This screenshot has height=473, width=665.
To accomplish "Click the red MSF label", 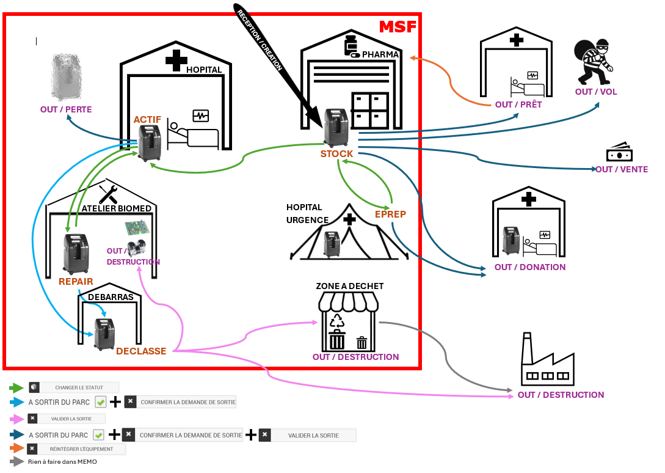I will [x=398, y=27].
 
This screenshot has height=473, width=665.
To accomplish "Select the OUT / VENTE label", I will [x=622, y=169].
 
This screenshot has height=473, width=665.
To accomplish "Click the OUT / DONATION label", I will [x=530, y=267].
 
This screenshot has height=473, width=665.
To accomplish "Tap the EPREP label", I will [x=390, y=214].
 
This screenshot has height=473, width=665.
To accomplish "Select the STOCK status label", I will [x=337, y=154].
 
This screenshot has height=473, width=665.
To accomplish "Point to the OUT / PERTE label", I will [x=66, y=109].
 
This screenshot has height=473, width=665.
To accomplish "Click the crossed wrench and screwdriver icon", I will [x=107, y=194].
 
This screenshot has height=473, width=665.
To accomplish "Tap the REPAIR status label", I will [x=76, y=281].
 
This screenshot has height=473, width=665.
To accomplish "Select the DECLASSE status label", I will [x=141, y=351].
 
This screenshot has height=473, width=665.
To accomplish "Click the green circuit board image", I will [x=137, y=229].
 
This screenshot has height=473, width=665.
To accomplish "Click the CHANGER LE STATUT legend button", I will [x=79, y=387].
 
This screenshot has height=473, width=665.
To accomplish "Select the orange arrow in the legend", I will [x=16, y=449].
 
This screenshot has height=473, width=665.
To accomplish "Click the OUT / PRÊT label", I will [x=518, y=105].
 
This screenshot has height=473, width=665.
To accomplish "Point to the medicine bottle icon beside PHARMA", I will [x=351, y=46].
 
